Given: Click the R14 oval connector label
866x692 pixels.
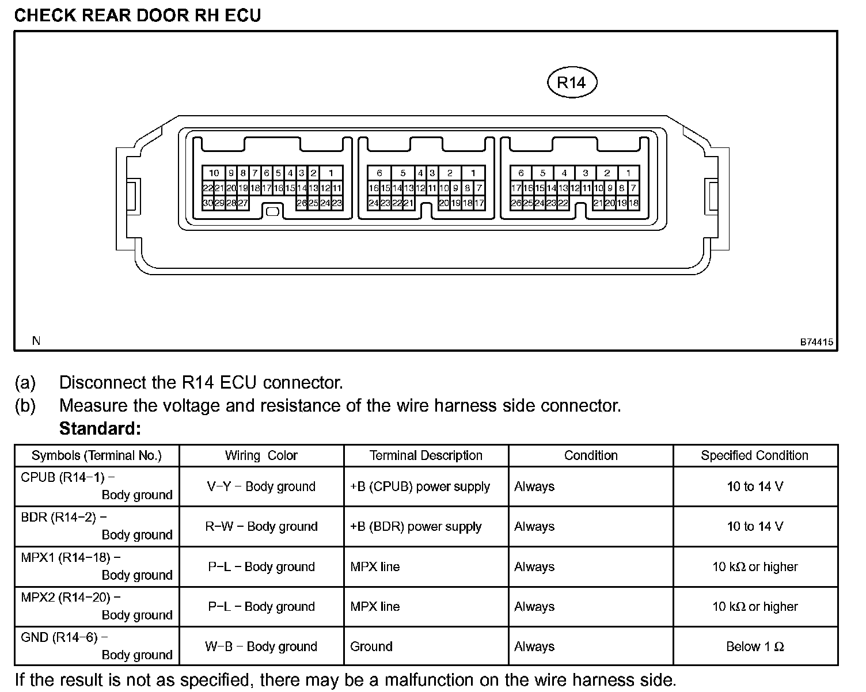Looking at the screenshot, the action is [571, 83].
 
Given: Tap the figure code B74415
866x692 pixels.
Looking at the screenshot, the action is [816, 341].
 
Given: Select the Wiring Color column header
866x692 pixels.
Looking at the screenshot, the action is [261, 455].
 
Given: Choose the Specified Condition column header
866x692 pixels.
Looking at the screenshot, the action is [754, 455].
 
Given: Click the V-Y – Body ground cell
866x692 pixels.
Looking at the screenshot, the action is [261, 486].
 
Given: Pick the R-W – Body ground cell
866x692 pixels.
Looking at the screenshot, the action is [261, 526].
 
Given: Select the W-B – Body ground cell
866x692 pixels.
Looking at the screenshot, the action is [261, 647].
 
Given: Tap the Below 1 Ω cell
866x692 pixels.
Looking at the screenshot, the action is [754, 647].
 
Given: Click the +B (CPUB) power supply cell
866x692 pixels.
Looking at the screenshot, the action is [420, 486].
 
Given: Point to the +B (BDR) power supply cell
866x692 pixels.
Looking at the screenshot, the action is [416, 526].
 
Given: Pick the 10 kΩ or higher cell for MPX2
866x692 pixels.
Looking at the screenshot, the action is [754, 606].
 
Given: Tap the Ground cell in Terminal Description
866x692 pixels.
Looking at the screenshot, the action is [371, 647].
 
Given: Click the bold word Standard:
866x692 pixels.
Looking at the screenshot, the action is [100, 429].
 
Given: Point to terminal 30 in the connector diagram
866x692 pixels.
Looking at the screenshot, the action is [208, 203].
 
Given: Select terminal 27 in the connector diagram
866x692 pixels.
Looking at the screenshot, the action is [243, 203].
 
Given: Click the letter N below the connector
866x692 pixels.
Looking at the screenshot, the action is [36, 341].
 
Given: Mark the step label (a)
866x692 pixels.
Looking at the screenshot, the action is [25, 383].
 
